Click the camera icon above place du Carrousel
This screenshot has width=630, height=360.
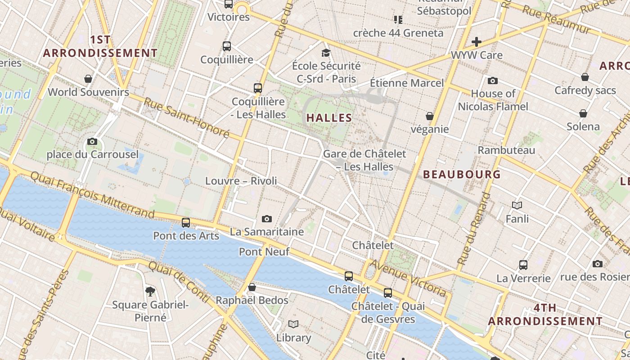[x=92, y=142]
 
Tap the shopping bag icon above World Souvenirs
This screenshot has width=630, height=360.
[x=88, y=79]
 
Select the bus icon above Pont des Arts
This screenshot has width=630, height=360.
[x=185, y=222]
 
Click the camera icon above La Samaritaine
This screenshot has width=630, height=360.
[x=267, y=219]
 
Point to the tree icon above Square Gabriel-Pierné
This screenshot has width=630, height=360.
[x=150, y=292]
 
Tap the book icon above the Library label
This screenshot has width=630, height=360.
[x=293, y=324]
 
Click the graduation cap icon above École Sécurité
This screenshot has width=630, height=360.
[x=326, y=53]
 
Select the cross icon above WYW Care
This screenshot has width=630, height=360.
[x=477, y=42]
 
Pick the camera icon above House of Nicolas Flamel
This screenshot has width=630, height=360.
[x=493, y=81]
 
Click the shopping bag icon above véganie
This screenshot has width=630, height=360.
[x=430, y=116]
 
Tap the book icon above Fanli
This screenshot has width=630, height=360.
[x=517, y=206]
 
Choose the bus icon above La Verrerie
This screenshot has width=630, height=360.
[x=523, y=265]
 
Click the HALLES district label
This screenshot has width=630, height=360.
[x=329, y=118]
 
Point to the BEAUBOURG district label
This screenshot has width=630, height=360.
[x=462, y=174]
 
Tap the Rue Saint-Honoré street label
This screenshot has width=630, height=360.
[x=186, y=117]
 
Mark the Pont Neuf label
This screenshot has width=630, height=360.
[x=264, y=252]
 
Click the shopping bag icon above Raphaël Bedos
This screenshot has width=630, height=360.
[x=252, y=287]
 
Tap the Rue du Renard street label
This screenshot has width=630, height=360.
[x=473, y=229]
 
